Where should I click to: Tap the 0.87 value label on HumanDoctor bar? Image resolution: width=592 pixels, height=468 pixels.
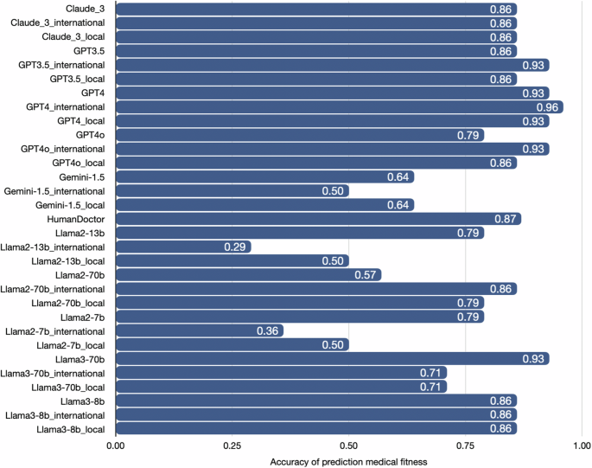tap(506, 219)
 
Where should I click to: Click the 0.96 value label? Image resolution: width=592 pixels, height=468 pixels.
tap(548, 106)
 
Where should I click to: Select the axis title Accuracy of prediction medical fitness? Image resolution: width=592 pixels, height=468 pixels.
tap(347, 459)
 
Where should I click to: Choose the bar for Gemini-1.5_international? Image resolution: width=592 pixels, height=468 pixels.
tap(232, 190)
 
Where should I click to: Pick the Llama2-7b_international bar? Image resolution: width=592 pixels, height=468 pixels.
tap(199, 330)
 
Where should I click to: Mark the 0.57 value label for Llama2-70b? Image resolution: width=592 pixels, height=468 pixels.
tap(366, 274)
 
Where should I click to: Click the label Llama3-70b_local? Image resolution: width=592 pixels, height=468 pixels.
tap(68, 387)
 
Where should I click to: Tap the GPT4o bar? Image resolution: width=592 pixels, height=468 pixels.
tap(299, 135)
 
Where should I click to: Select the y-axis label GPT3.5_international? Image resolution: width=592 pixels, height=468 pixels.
tap(62, 65)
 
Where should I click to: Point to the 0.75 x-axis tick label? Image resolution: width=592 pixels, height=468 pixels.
tap(465, 445)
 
